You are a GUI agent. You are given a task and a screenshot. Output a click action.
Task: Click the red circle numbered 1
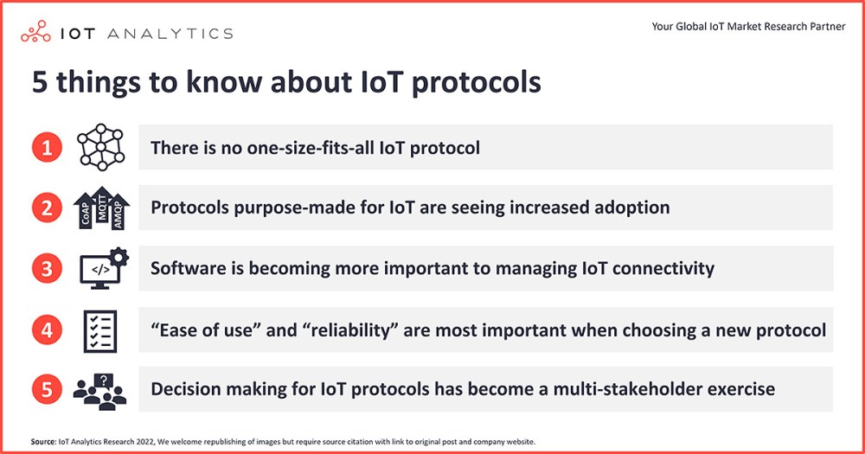47,147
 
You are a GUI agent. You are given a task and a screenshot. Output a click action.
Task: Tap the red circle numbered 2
47,208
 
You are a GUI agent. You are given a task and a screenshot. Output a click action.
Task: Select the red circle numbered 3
47,269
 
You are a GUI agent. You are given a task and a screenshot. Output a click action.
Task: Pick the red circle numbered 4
47,329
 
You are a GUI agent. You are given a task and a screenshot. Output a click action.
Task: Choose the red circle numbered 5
47,389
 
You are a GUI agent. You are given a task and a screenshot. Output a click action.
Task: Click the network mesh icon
101,147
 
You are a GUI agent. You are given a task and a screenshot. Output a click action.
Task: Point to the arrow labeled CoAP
85,211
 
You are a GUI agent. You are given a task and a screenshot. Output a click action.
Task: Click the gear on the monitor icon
119,257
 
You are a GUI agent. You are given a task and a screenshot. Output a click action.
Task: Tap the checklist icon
100,331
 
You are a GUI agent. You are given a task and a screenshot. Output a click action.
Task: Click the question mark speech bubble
104,380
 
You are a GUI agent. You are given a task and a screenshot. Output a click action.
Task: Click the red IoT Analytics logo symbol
35,31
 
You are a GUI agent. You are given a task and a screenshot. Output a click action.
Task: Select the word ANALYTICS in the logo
170,34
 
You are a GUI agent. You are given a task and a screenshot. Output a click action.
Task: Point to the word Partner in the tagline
828,27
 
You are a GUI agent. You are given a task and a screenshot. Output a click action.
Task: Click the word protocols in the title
477,83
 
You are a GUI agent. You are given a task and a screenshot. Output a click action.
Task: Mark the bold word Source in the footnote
43,441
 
